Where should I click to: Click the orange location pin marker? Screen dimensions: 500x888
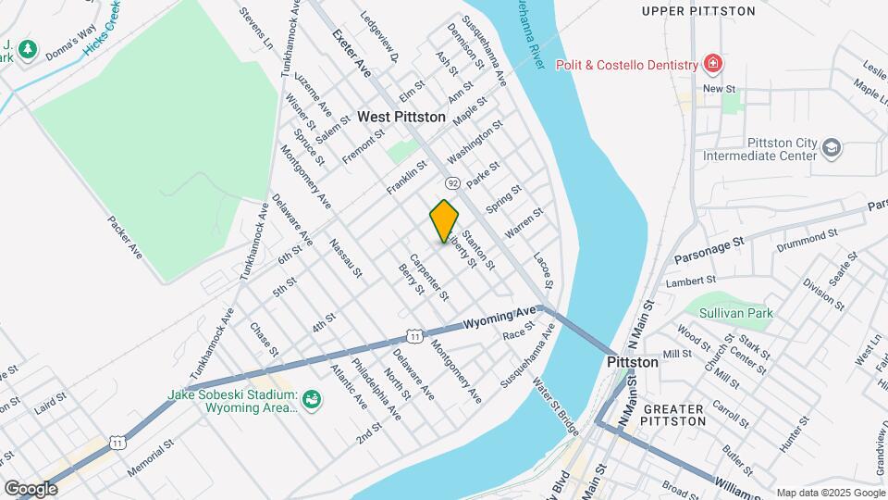pyautogui.click(x=445, y=220)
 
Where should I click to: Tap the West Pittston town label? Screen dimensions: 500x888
pyautogui.click(x=401, y=118)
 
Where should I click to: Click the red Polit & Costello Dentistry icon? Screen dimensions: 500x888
pyautogui.click(x=713, y=65)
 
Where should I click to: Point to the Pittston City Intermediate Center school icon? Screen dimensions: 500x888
pyautogui.click(x=831, y=149)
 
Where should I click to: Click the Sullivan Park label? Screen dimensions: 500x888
pyautogui.click(x=735, y=314)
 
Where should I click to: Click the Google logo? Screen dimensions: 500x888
pyautogui.click(x=31, y=488)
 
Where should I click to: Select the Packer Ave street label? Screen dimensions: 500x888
pyautogui.click(x=125, y=237)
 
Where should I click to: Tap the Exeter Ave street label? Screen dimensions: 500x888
pyautogui.click(x=351, y=54)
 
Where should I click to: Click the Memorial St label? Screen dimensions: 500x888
pyautogui.click(x=151, y=457)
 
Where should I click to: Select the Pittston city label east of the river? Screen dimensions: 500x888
pyautogui.click(x=632, y=362)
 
